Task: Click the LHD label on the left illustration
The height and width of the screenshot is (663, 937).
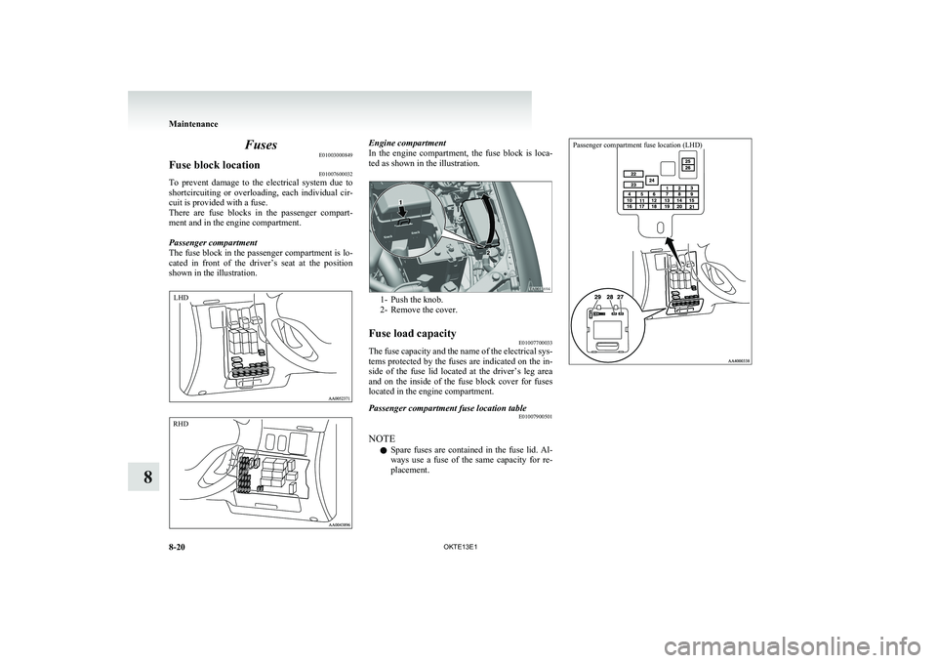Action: tap(183, 294)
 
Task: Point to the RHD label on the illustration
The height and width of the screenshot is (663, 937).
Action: tap(183, 426)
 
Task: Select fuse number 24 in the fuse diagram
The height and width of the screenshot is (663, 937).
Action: tap(652, 180)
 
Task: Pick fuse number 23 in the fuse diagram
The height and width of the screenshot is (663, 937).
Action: tap(631, 185)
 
